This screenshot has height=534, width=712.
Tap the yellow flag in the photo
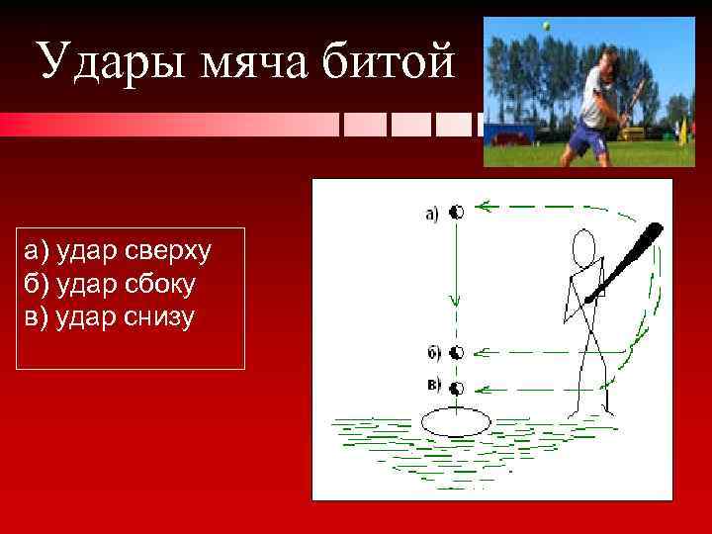click(x=681, y=127)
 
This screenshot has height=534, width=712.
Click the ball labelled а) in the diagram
click(x=457, y=211)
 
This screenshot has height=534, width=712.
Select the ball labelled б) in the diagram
click(x=457, y=353)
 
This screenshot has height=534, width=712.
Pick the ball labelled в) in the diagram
click(x=457, y=387)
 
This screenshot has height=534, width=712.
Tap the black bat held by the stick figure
click(x=625, y=261)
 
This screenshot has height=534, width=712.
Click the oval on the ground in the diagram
click(x=456, y=421)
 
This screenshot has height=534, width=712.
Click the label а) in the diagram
click(x=432, y=213)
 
